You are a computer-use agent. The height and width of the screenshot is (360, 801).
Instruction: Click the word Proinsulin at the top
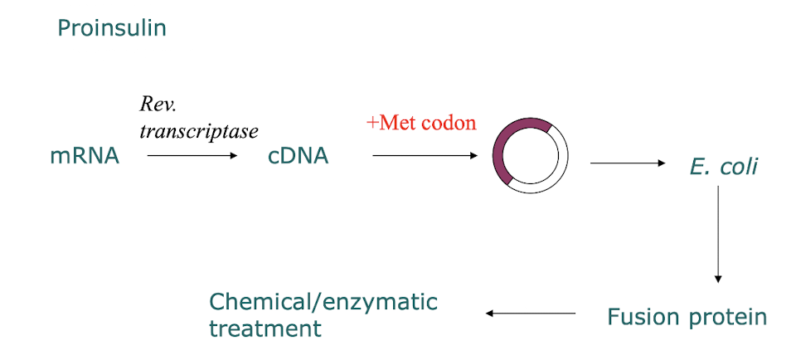pyautogui.click(x=112, y=28)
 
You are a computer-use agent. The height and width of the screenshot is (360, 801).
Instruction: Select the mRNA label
pyautogui.click(x=85, y=156)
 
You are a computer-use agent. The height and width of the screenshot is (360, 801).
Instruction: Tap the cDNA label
pyautogui.click(x=298, y=156)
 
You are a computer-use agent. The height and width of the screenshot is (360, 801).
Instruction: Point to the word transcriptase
pyautogui.click(x=199, y=130)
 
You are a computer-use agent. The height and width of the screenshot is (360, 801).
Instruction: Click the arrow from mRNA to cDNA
pyautogui.click(x=192, y=155)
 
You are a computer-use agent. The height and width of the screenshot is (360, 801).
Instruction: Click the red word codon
pyautogui.click(x=449, y=124)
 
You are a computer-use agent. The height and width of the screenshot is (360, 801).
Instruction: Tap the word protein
pyautogui.click(x=730, y=318)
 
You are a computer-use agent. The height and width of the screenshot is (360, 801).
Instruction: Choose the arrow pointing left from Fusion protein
pyautogui.click(x=531, y=314)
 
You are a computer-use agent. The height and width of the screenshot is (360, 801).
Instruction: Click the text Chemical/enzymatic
pyautogui.click(x=323, y=301)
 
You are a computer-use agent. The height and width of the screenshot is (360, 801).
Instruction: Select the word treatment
pyautogui.click(x=265, y=328)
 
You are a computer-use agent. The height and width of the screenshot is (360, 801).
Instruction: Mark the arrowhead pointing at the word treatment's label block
pyautogui.click(x=489, y=314)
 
